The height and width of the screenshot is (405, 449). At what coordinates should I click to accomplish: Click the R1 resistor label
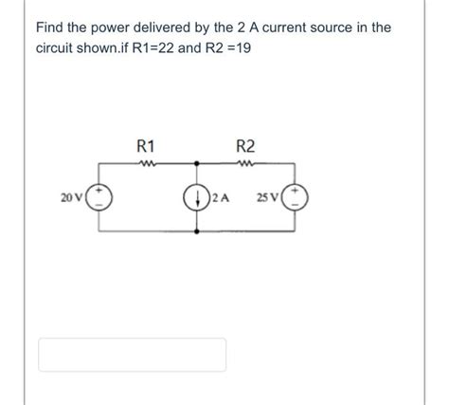pyautogui.click(x=147, y=146)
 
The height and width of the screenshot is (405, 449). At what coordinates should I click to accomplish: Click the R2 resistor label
pyautogui.click(x=244, y=146)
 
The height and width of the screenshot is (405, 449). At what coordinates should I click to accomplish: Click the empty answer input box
pyautogui.click(x=132, y=354)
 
